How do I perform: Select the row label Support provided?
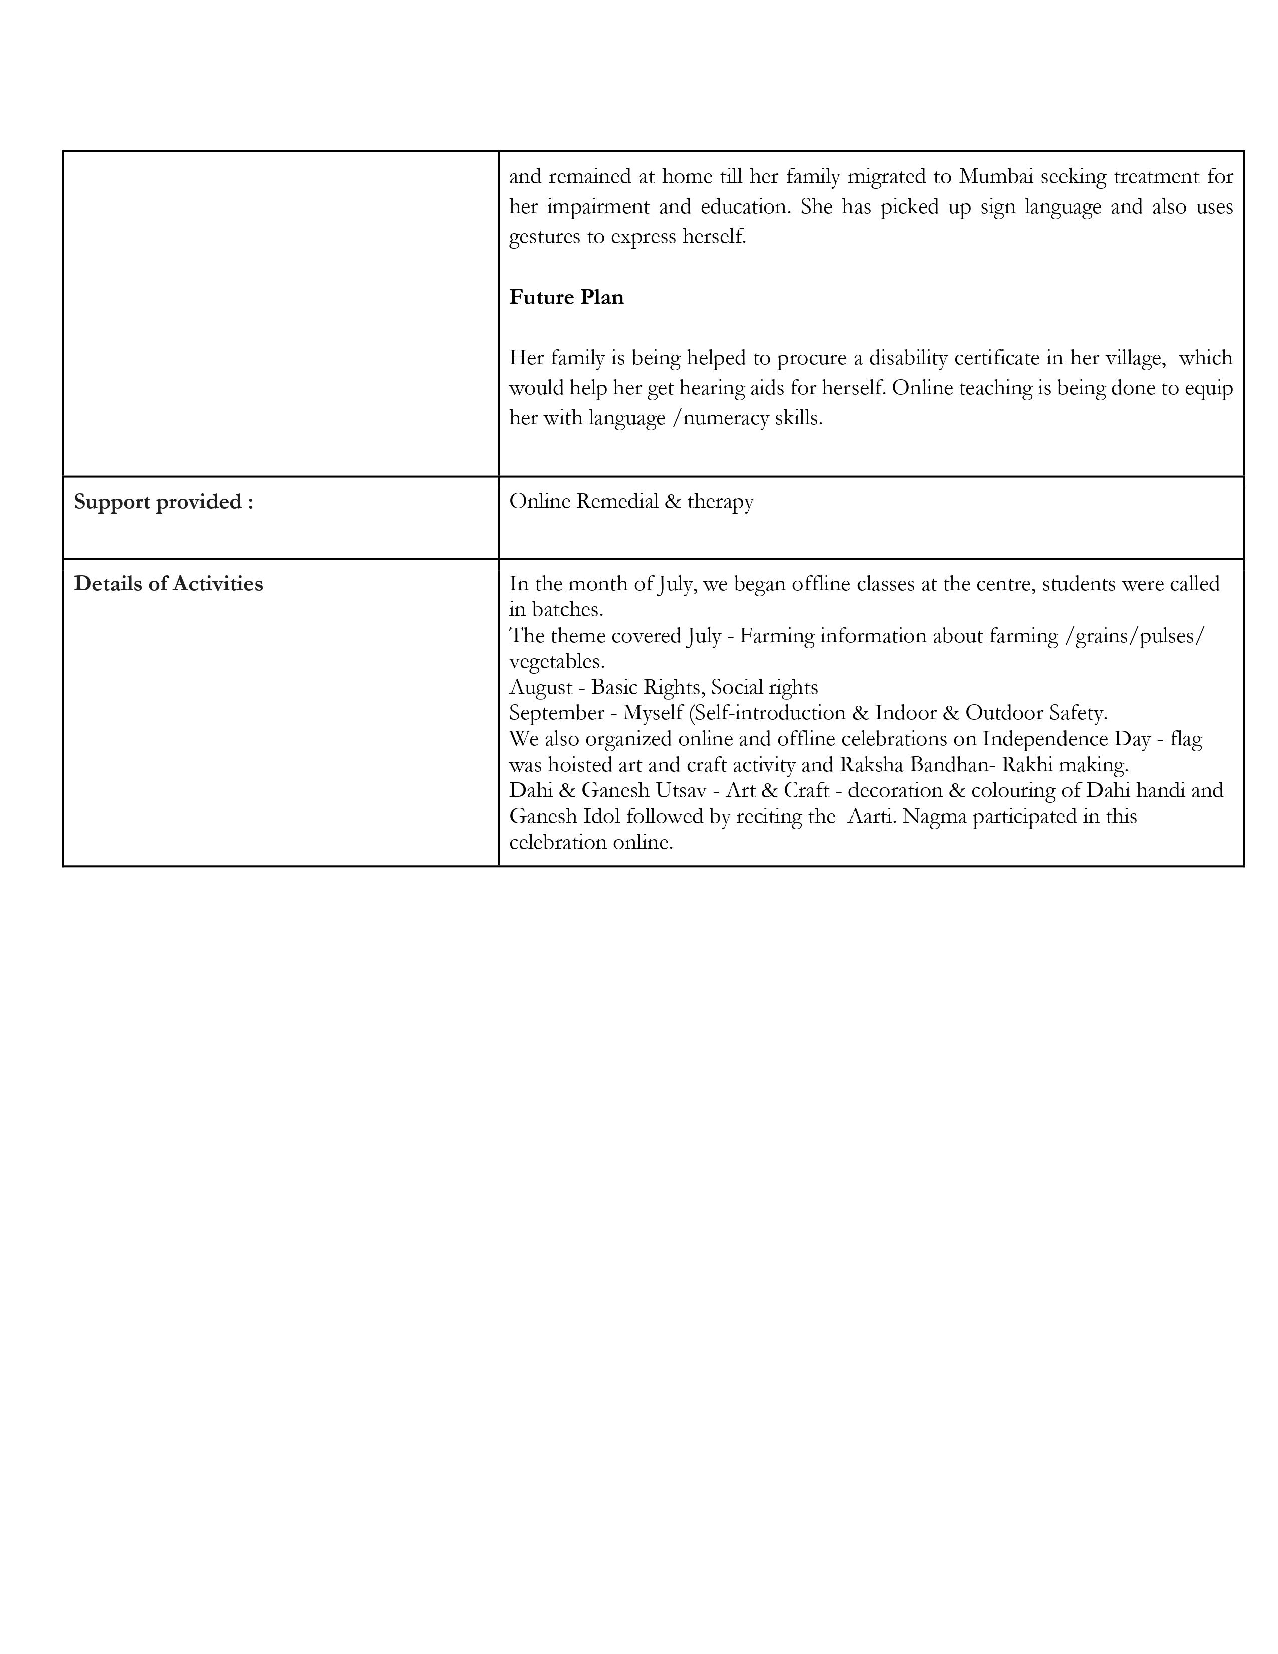163,501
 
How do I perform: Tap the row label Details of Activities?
168,584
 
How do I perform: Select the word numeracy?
725,418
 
